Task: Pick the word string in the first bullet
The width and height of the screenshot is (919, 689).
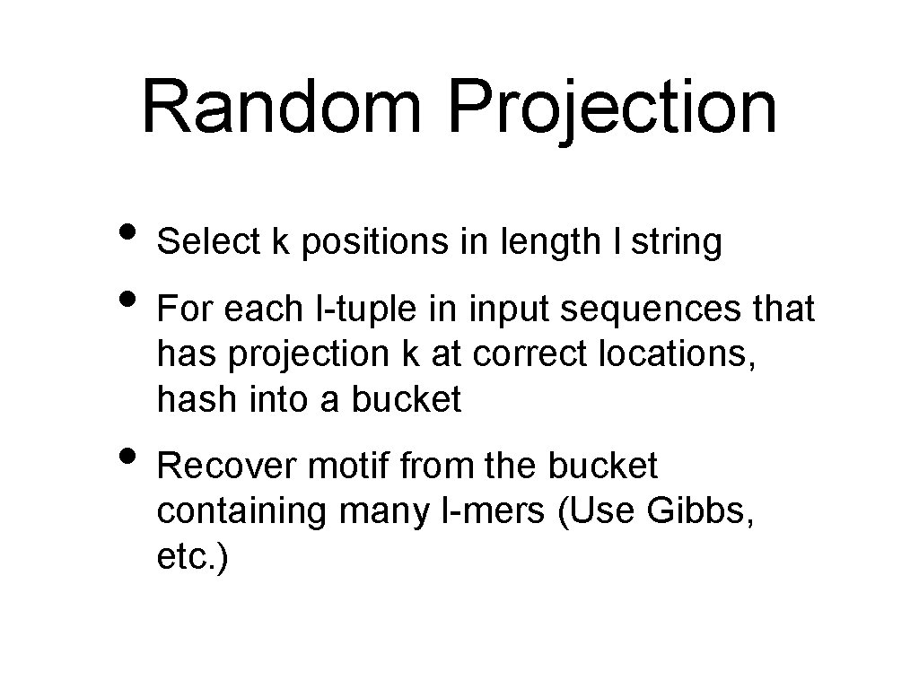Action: [677, 243]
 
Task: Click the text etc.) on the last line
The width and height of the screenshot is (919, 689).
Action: [193, 558]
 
